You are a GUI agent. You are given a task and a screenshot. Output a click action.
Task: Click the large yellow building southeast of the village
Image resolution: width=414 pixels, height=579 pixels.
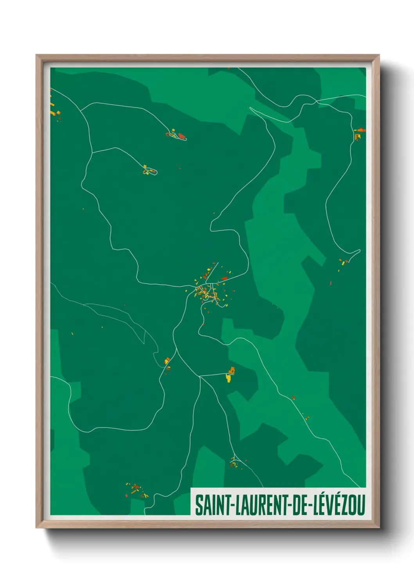tap(229, 378)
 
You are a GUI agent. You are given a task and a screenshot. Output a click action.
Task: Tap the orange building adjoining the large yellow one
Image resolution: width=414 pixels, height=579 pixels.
tap(232, 370)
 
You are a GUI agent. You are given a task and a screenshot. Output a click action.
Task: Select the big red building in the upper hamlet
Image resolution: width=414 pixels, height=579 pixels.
tap(181, 136)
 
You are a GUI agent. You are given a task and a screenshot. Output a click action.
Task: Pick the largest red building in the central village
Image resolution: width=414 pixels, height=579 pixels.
tap(224, 279)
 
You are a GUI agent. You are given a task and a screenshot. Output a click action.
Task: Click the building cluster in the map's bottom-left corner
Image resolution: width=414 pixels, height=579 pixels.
tap(136, 490)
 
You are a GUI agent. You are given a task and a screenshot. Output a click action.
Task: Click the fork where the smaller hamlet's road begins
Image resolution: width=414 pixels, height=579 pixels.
tap(92, 153)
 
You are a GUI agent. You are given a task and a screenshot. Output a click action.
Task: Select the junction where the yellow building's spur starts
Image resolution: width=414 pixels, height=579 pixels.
tap(200, 376)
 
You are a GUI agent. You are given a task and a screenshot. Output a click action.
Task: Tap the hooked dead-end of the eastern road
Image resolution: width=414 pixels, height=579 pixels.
tap(359, 250)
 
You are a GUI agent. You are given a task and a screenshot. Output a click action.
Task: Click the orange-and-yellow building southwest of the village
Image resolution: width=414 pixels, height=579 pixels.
tap(167, 360)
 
